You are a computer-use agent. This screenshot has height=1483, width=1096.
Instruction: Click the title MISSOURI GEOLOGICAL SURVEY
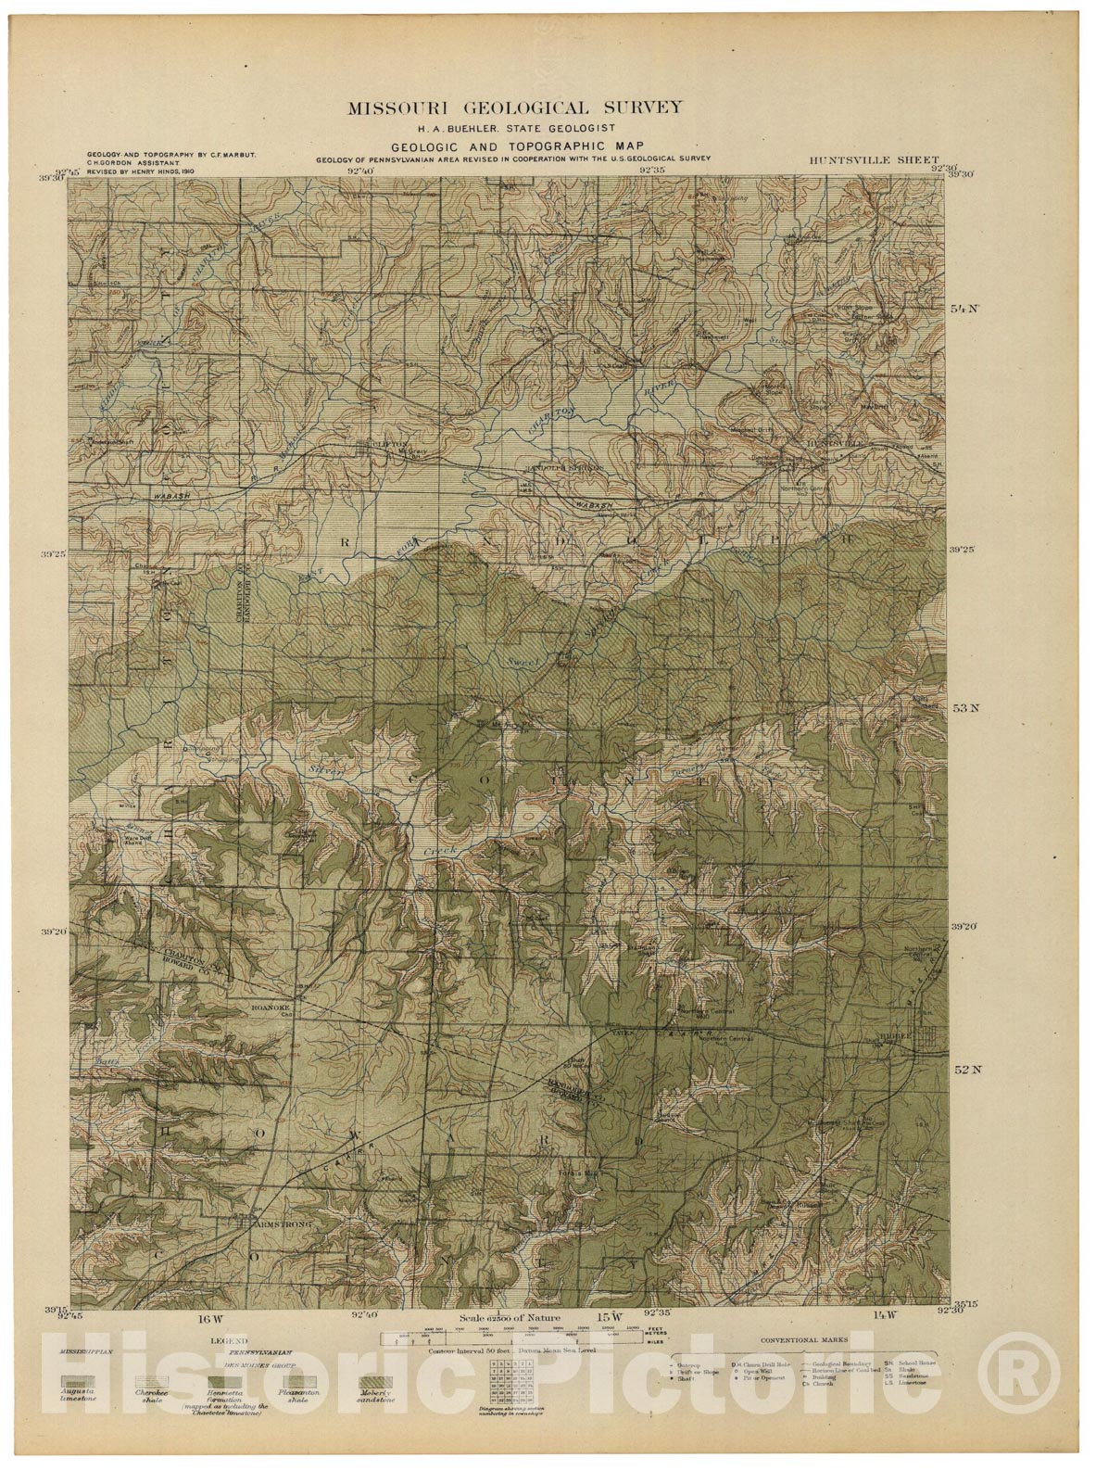(x=515, y=108)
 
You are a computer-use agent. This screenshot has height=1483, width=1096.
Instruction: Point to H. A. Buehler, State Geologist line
(x=515, y=127)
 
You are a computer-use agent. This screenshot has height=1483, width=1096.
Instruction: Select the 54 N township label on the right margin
(x=966, y=309)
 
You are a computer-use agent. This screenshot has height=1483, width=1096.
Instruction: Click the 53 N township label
(x=966, y=708)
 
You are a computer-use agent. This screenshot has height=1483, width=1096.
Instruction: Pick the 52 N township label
(x=966, y=1069)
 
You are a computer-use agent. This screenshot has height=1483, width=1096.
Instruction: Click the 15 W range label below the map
(x=607, y=1316)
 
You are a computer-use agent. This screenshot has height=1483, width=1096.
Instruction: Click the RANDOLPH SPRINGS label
(x=561, y=468)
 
